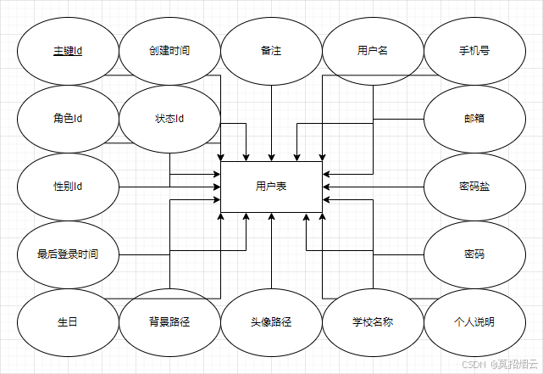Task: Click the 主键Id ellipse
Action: click(x=68, y=51)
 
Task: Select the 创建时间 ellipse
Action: click(x=169, y=51)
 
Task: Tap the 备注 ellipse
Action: click(x=271, y=51)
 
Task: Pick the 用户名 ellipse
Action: click(x=373, y=51)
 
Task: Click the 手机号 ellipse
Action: click(x=474, y=51)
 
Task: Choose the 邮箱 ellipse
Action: click(x=474, y=119)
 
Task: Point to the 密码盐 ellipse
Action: click(x=474, y=187)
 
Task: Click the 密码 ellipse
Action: click(x=474, y=254)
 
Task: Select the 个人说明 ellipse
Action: click(x=474, y=322)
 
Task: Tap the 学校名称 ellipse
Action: click(x=373, y=322)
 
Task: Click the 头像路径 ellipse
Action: click(x=271, y=322)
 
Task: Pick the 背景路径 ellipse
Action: click(x=169, y=322)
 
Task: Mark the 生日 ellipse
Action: click(x=68, y=322)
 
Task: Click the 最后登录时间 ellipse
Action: click(x=68, y=254)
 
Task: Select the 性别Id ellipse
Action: click(x=68, y=187)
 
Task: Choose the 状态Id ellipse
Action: click(x=169, y=119)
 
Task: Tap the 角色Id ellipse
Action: click(x=68, y=119)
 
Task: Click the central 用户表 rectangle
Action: click(x=271, y=187)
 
